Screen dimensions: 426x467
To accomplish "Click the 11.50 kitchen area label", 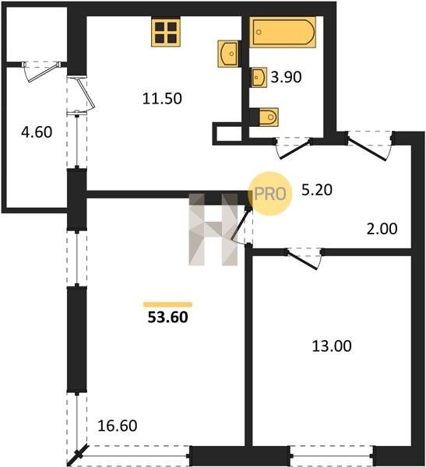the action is tap(162, 99).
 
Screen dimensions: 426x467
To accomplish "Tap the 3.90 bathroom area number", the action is tap(286, 77).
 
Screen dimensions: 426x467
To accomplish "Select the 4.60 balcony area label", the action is tap(37, 132).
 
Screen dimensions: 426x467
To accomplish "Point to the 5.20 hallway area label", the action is tap(317, 190).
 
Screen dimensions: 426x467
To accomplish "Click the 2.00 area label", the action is tap(382, 229).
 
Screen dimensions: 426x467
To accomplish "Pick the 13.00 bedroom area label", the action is tap(332, 346).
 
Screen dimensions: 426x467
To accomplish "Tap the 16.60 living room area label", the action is tap(118, 426).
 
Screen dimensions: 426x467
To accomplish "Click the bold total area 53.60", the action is tap(168, 318).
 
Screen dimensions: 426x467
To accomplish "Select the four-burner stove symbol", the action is tap(166, 33).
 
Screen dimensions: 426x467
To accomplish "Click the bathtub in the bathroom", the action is tap(283, 32).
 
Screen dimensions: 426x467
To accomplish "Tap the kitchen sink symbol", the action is tap(229, 54).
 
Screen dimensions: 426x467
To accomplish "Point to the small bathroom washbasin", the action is tap(259, 77).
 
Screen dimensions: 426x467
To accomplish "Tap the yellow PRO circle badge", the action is tap(270, 194).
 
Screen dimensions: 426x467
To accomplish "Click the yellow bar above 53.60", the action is tap(168, 304).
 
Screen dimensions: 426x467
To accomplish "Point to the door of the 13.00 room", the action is tap(304, 258).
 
